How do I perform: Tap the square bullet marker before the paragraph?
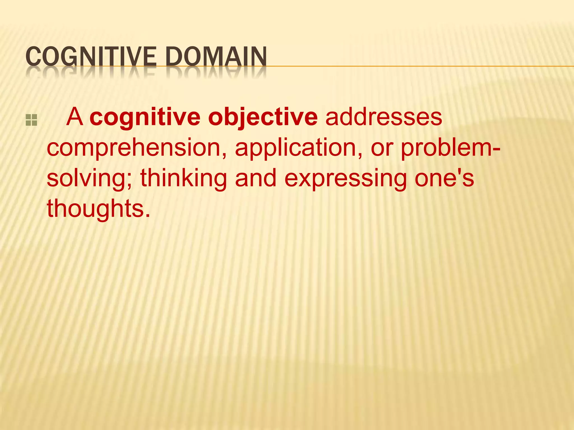pyautogui.click(x=31, y=120)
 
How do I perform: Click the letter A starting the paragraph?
pyautogui.click(x=75, y=117)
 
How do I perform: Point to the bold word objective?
pyautogui.click(x=263, y=118)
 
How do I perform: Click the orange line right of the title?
pyautogui.click(x=420, y=66)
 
